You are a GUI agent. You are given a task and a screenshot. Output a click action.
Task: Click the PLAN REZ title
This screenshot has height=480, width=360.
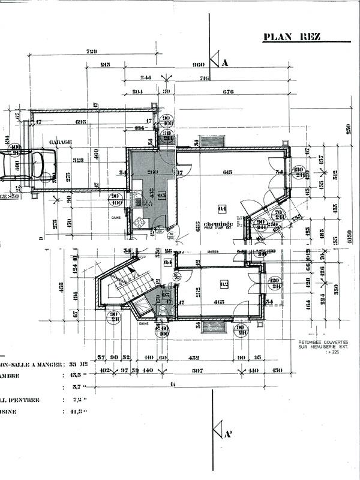click(292, 37)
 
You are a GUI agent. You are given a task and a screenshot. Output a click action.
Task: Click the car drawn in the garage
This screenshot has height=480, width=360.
click(28, 165)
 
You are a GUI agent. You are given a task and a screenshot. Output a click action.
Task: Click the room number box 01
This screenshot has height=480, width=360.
click(222, 209)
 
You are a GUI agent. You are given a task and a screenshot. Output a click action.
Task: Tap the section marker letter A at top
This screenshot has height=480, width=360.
click(225, 62)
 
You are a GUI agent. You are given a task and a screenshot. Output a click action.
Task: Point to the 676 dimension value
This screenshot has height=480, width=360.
click(228, 92)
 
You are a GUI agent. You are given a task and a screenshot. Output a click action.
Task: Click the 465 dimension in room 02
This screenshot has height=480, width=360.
click(218, 302)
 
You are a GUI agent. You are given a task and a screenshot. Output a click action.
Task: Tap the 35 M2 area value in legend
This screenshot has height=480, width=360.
click(76, 364)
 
